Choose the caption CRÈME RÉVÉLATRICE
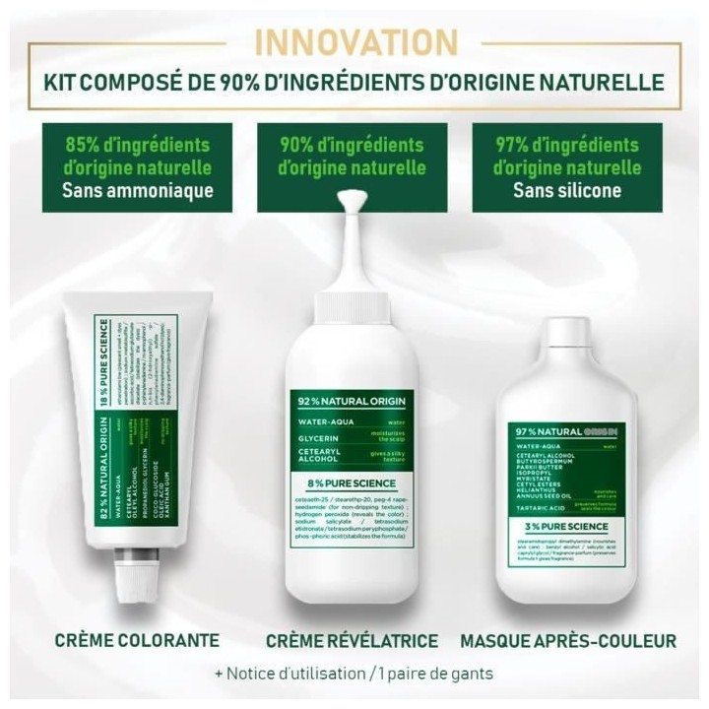click(352, 641)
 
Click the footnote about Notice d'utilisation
click(354, 676)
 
